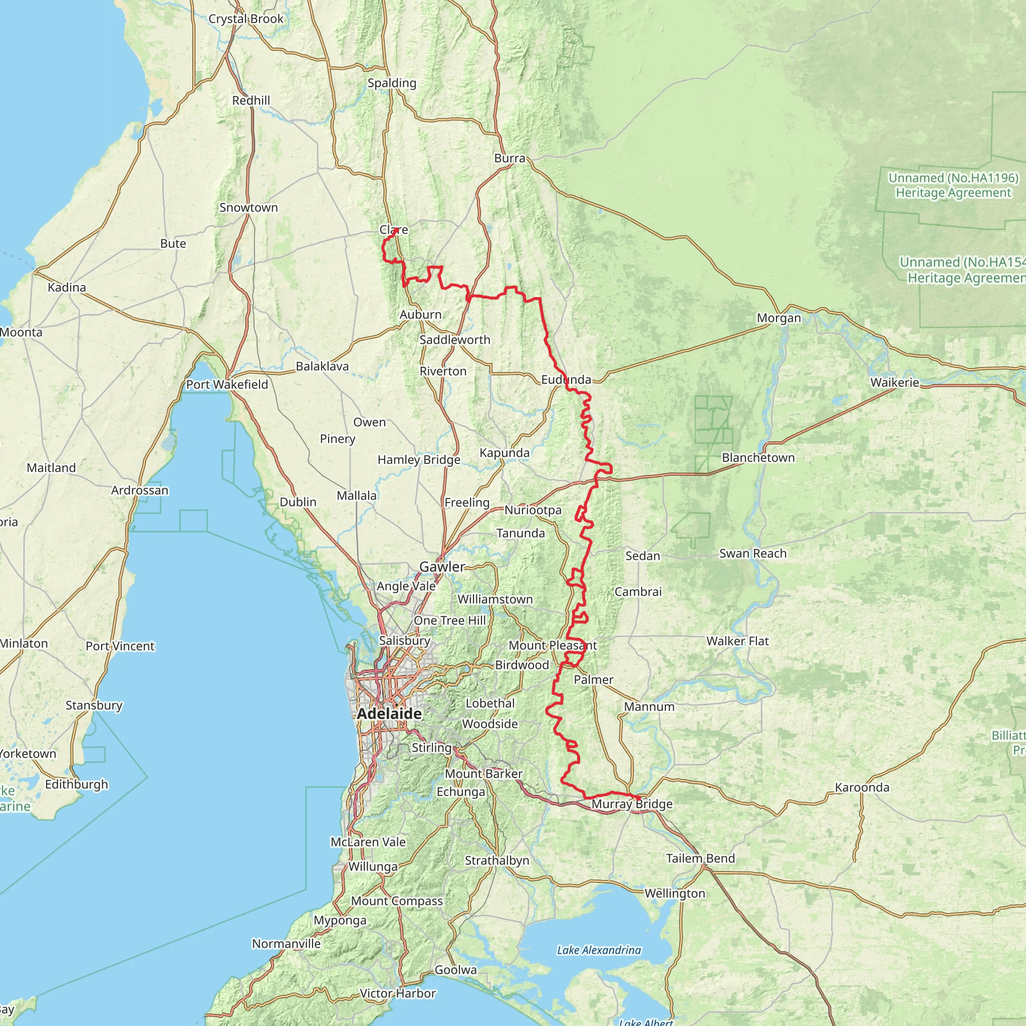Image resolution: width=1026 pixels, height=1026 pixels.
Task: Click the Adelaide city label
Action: point(389,714)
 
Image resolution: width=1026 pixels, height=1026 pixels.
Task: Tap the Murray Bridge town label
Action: point(632,804)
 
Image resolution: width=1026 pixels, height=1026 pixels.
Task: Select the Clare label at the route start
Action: point(393,230)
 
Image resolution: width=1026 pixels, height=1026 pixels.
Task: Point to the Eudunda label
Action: point(566,380)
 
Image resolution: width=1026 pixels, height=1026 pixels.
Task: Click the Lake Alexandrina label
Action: point(599,950)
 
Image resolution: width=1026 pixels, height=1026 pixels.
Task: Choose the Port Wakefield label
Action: point(227,384)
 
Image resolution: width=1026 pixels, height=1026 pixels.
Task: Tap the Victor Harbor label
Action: point(398,993)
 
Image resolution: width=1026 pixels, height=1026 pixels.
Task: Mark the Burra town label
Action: point(510,158)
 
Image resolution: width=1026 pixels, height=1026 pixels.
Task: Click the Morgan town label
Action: point(779,318)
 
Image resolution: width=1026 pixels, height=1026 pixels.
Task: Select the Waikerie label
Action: point(895,382)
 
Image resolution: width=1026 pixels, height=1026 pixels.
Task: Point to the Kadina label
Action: point(67,287)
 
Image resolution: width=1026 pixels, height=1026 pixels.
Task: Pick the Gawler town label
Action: point(442,567)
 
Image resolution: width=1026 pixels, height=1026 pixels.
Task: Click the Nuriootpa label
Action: point(533,510)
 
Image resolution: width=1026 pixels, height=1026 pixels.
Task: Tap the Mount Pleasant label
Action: point(553,645)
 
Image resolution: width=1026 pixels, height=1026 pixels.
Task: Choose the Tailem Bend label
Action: point(700,858)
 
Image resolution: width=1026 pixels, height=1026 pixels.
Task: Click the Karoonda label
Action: point(862,787)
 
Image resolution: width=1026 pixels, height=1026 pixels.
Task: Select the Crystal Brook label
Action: point(246,19)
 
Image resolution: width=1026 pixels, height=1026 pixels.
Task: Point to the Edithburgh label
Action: point(77,785)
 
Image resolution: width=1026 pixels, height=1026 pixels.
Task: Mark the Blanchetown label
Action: point(758,458)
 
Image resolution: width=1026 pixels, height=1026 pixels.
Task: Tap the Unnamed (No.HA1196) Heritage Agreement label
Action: point(954,185)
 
